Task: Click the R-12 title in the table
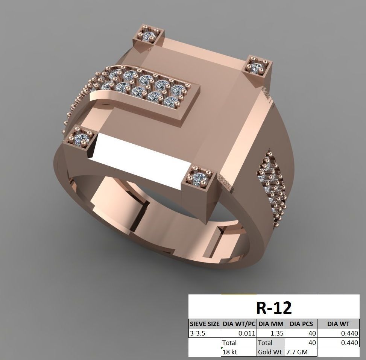point(273,307)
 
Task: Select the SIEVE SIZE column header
point(204,324)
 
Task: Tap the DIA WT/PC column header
point(239,324)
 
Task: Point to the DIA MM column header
point(271,324)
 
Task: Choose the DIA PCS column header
point(301,324)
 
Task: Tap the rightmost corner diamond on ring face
point(257,67)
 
